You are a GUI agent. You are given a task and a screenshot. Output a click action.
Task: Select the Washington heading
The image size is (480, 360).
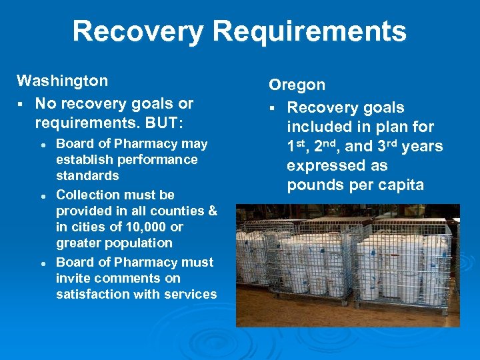(62, 81)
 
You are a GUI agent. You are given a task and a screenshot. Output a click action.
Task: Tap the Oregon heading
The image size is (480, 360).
(297, 85)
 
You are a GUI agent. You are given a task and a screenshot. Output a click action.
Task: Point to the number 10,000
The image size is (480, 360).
(147, 227)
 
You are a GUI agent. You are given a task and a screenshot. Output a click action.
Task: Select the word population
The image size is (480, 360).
(139, 243)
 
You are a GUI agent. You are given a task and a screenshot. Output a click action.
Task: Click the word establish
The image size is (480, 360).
(79, 160)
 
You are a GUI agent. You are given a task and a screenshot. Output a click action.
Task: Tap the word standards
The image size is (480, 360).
(87, 176)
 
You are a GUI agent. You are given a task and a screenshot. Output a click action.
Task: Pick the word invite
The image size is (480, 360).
(74, 279)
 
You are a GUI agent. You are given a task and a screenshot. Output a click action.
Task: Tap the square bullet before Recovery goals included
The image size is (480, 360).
(273, 108)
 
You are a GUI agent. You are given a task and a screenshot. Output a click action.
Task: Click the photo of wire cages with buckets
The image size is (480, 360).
(347, 265)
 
